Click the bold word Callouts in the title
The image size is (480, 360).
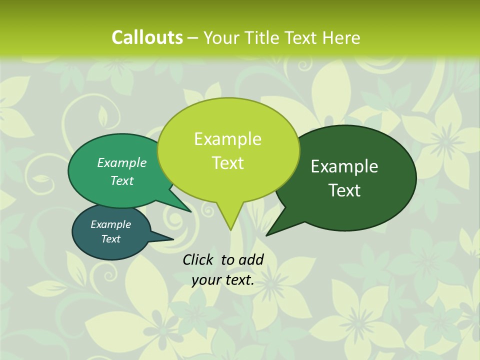pos(147,37)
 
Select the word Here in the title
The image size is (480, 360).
pos(341,37)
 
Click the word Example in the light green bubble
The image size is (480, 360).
pos(227,139)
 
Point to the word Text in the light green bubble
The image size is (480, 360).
pos(227,163)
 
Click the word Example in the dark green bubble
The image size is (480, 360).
pos(344,166)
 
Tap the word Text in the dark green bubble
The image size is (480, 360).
pos(344,190)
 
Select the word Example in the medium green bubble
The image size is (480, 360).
pos(122,162)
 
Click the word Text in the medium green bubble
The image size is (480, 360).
pos(122,180)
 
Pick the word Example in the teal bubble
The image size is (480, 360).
pos(110,224)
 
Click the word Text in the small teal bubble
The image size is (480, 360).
pos(110,239)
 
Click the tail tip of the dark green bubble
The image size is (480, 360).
pos(266,235)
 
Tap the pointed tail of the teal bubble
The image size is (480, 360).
pos(172,239)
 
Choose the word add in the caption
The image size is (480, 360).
pos(251,259)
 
